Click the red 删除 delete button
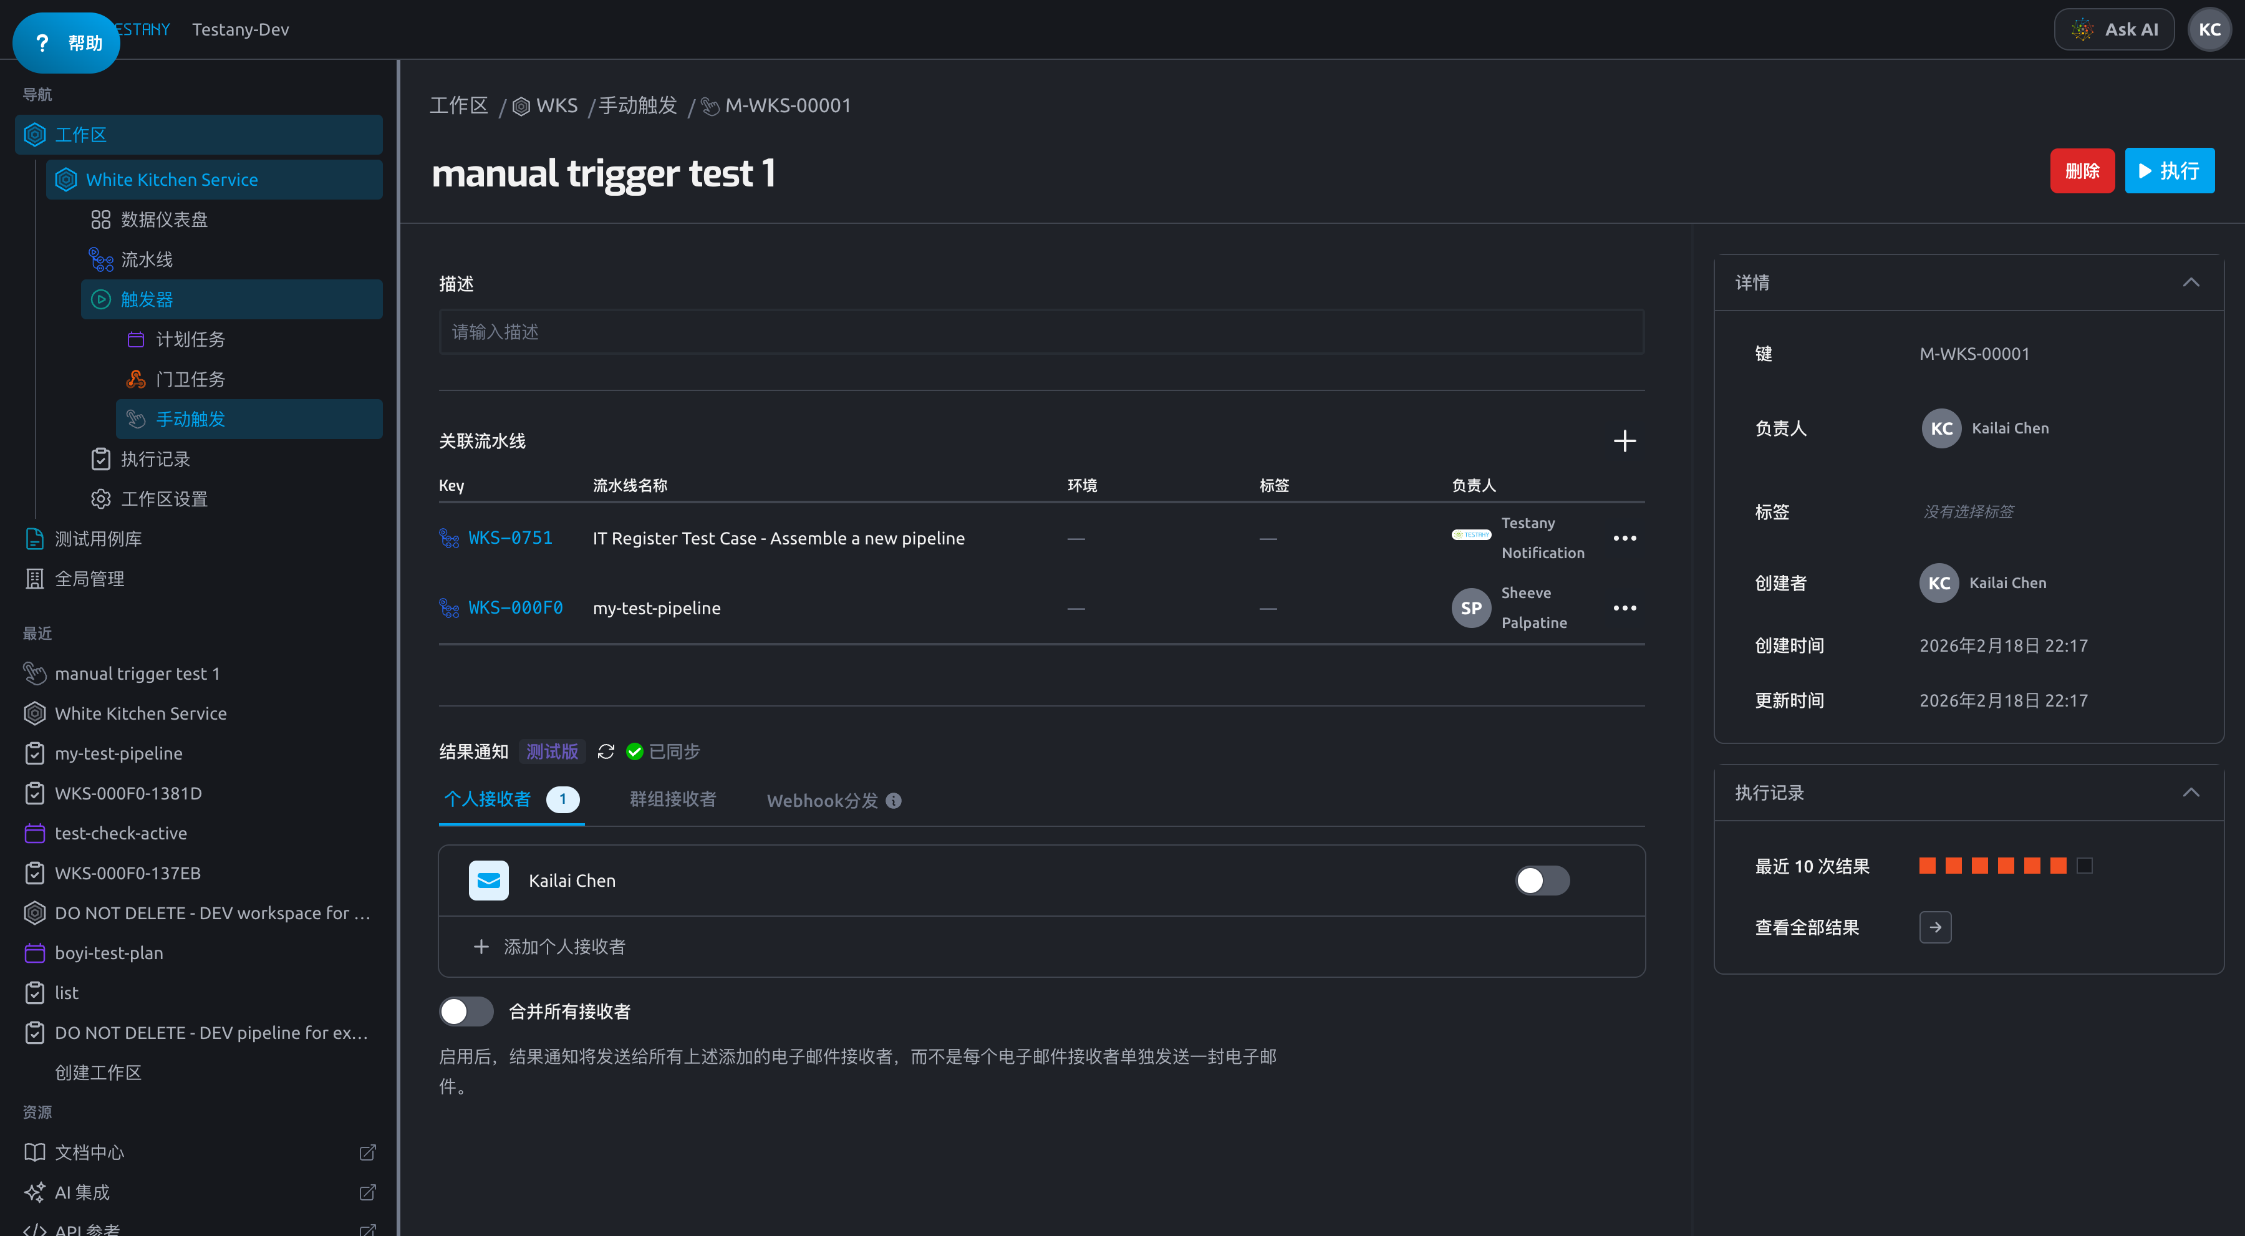click(2081, 171)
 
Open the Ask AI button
click(2113, 30)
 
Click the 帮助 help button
click(66, 42)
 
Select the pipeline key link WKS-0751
click(510, 538)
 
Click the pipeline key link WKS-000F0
click(515, 607)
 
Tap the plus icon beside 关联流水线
click(1625, 441)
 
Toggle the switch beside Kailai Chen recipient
click(1542, 881)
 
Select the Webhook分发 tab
click(833, 800)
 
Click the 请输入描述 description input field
click(1041, 332)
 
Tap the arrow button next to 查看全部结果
click(1934, 927)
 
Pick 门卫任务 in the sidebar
click(190, 379)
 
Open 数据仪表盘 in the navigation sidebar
click(164, 220)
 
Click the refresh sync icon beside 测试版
click(606, 751)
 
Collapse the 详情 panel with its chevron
click(2191, 282)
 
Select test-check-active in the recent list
click(120, 833)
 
